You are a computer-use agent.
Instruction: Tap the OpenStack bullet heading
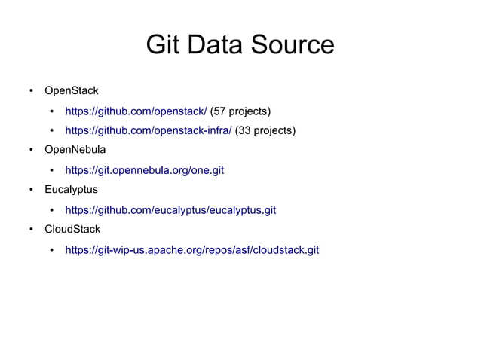[x=72, y=91]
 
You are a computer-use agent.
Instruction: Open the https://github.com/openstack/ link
[x=136, y=111]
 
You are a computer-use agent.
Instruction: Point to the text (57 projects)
[x=240, y=111]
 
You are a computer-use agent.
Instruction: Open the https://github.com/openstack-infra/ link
[x=149, y=131]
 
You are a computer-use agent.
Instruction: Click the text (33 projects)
[x=265, y=131]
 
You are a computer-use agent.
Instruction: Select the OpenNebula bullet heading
[x=75, y=150]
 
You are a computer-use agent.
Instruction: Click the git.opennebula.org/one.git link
[x=145, y=170]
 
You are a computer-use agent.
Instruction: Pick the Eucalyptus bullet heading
[x=71, y=189]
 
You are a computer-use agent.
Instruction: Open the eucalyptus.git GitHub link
[x=170, y=209]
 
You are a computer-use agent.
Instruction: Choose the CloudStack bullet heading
[x=72, y=228]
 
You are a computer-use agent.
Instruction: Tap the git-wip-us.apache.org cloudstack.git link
[x=192, y=249]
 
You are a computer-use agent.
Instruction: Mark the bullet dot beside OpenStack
[x=31, y=92]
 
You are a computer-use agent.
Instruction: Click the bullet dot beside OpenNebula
[x=31, y=151]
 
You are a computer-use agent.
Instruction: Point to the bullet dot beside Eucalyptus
[x=31, y=190]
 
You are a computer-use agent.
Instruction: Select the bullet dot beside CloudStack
[x=31, y=229]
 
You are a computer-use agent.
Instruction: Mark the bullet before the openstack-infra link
[x=52, y=132]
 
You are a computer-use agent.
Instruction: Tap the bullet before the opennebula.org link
[x=52, y=171]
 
